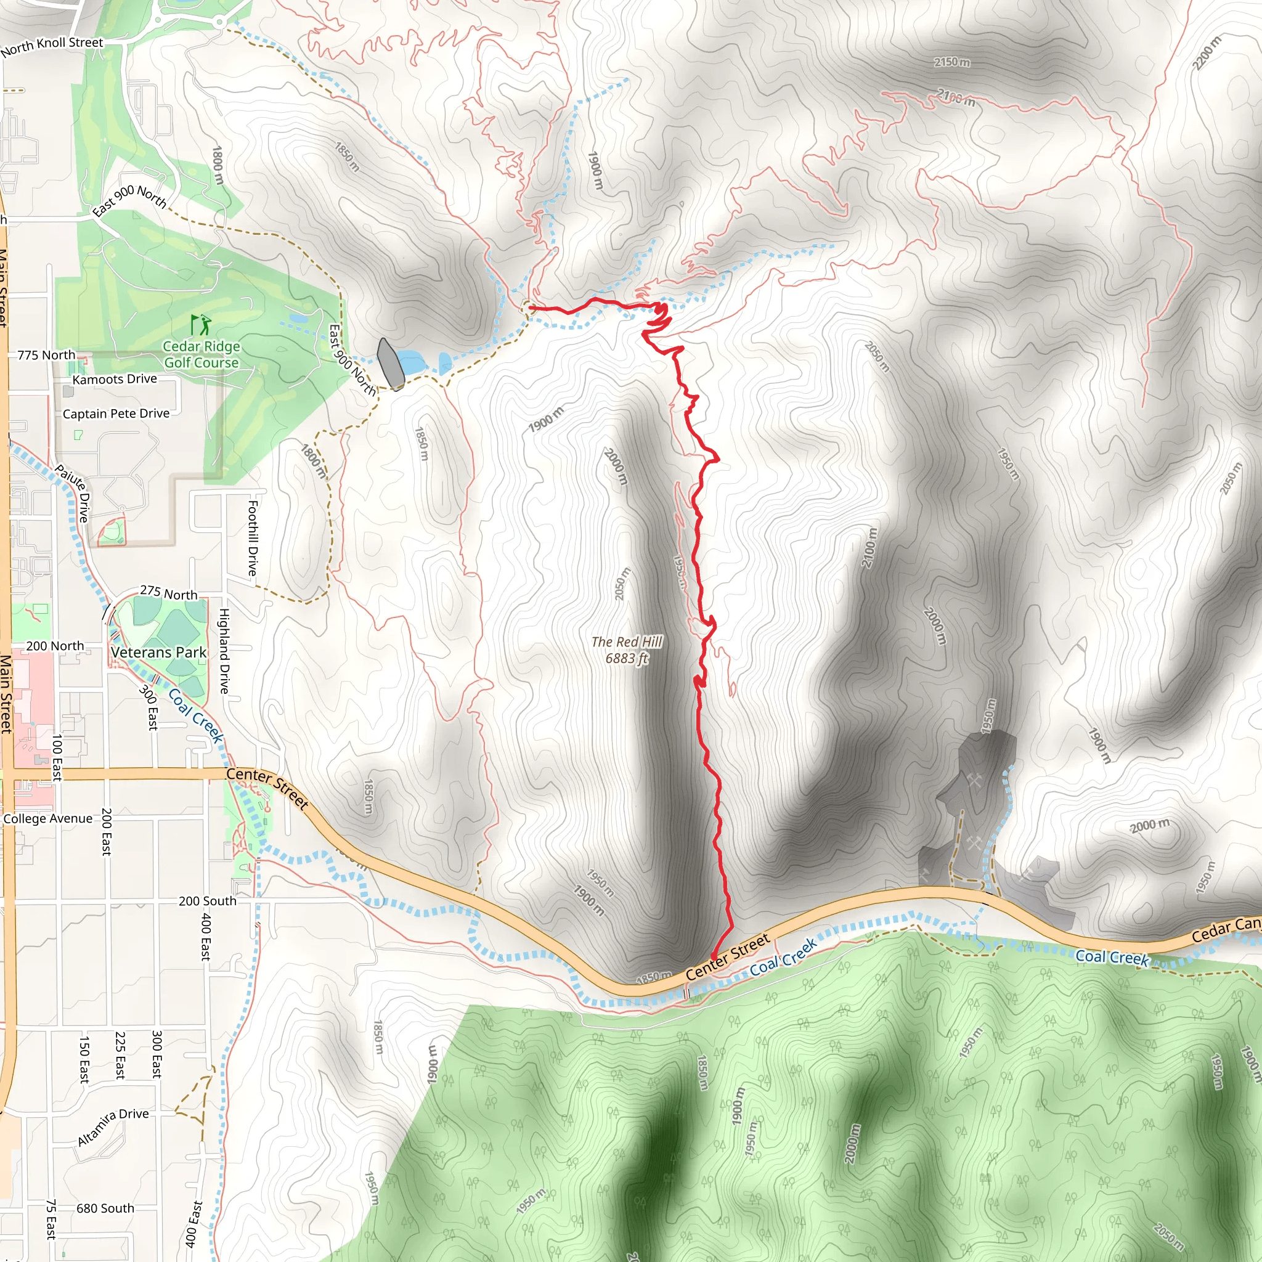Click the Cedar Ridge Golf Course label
click(201, 355)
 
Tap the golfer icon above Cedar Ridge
click(200, 324)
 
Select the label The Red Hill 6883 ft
click(627, 650)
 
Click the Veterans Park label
click(158, 653)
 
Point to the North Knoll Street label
click(52, 46)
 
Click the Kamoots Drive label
click(115, 379)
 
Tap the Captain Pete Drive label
click(116, 413)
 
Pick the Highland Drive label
click(224, 651)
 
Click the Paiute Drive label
click(73, 493)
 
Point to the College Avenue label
click(47, 819)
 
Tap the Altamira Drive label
click(112, 1126)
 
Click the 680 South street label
click(105, 1208)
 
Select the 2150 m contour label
click(951, 62)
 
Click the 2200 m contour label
click(1206, 53)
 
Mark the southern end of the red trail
click(713, 958)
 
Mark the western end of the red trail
click(529, 307)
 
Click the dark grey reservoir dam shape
click(390, 363)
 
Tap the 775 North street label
click(46, 356)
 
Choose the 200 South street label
click(207, 902)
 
